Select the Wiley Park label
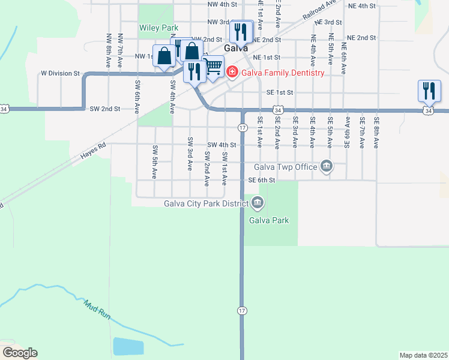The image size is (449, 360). tap(159, 28)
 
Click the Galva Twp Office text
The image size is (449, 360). tap(285, 167)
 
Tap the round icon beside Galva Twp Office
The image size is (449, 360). tap(326, 166)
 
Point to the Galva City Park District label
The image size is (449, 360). tap(206, 203)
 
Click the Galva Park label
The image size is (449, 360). tap(269, 220)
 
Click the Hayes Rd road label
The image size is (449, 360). tap(94, 154)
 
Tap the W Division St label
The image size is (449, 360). tap(60, 73)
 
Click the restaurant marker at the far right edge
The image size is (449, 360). tap(429, 91)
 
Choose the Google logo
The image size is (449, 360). tap(19, 353)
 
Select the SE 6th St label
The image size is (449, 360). tap(262, 180)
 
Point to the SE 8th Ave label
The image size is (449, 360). tap(376, 132)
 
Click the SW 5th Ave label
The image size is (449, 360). tap(155, 162)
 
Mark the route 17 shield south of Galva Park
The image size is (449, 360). tap(242, 310)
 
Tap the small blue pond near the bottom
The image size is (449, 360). tap(128, 347)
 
